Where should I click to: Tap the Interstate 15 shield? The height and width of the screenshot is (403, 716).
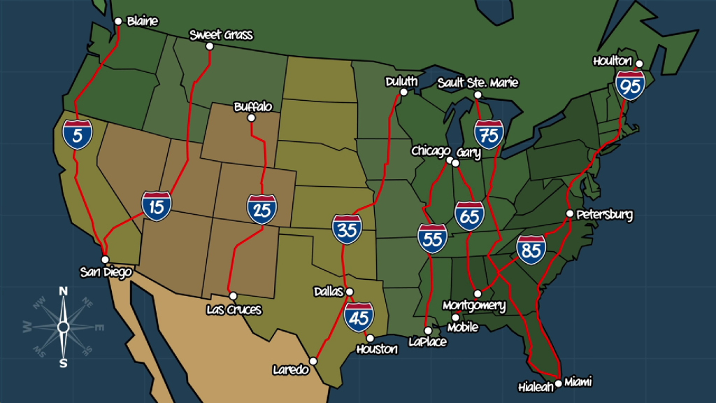157,205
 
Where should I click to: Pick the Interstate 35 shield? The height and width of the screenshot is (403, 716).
347,229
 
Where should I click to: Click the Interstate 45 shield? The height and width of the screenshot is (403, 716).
359,316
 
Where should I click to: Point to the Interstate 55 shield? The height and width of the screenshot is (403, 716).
433,239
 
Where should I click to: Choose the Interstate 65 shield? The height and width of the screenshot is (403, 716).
468,215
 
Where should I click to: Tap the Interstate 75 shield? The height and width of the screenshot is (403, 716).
489,134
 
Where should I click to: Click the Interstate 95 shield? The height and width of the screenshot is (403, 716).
630,85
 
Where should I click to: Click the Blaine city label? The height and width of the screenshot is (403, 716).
143,21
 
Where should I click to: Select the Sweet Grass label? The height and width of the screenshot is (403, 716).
221,34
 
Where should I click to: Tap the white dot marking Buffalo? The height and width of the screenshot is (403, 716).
252,118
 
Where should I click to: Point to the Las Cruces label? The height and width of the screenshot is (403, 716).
234,309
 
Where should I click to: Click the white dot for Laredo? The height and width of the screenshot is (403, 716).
313,361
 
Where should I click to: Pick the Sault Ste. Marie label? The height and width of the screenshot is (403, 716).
478,83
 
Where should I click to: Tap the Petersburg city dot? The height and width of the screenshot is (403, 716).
570,213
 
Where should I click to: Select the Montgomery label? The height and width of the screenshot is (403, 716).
474,306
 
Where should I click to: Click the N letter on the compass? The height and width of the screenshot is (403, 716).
63,291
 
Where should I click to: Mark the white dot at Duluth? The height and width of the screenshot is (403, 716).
403,92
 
